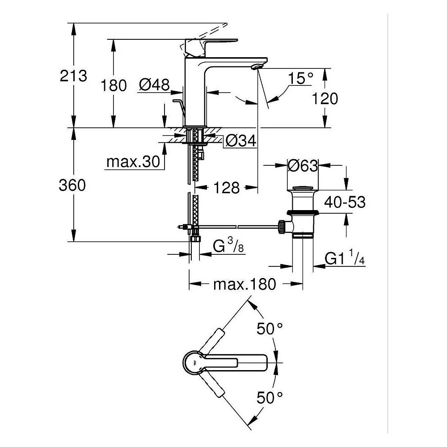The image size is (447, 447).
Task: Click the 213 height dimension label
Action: (73, 76)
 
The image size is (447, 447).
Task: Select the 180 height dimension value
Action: (114, 85)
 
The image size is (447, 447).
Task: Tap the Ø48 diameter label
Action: (154, 84)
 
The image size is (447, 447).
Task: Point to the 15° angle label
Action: (300, 78)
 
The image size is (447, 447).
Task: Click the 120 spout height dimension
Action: (325, 99)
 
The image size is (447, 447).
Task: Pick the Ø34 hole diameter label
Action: (241, 140)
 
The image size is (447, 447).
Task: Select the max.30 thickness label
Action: (133, 162)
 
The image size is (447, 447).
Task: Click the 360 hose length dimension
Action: (72, 185)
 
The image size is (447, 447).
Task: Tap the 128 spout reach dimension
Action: (227, 188)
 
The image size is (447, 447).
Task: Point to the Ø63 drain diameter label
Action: (303, 166)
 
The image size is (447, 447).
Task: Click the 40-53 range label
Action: (345, 202)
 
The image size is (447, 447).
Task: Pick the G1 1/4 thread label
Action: (345, 258)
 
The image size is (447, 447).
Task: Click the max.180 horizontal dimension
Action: (245, 284)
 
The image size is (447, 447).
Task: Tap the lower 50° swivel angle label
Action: (270, 398)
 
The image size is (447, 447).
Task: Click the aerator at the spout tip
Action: (257, 67)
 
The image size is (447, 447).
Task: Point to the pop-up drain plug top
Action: (303, 189)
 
